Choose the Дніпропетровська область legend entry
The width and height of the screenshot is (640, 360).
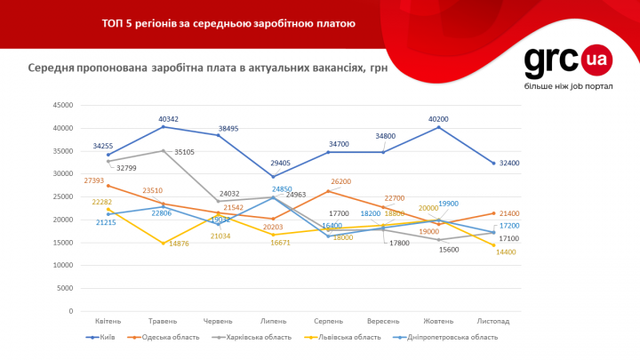point(444,337)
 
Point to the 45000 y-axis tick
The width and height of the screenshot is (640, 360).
point(60,105)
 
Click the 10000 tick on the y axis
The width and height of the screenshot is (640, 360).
point(60,265)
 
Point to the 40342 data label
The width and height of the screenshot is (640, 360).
point(169,119)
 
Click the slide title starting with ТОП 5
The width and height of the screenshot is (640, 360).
point(228,23)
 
